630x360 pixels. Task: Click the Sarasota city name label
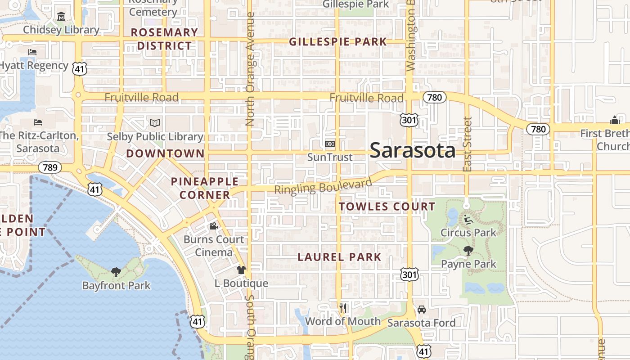click(x=413, y=150)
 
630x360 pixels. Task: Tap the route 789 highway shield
click(x=49, y=168)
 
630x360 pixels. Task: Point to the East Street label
click(x=468, y=144)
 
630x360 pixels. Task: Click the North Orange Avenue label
click(x=251, y=69)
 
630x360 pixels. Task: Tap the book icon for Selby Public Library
click(x=155, y=123)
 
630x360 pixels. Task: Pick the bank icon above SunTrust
click(x=330, y=144)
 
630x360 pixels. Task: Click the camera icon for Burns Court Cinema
click(x=213, y=226)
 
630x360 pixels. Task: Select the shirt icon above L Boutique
click(x=241, y=270)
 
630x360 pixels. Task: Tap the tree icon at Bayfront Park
click(x=116, y=272)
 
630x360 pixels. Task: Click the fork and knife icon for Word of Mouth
click(x=343, y=308)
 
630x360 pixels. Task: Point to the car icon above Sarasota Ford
click(x=422, y=310)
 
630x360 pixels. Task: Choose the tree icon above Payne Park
click(x=468, y=251)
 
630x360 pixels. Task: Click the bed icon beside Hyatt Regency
click(x=32, y=52)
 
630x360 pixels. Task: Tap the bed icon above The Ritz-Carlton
click(x=38, y=122)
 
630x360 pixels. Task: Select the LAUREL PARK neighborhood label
click(x=340, y=257)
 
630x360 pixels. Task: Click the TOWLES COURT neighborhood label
click(x=387, y=207)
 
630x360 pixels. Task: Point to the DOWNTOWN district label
click(x=165, y=153)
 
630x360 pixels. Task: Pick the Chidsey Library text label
click(x=61, y=30)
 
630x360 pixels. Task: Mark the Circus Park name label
click(x=468, y=233)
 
